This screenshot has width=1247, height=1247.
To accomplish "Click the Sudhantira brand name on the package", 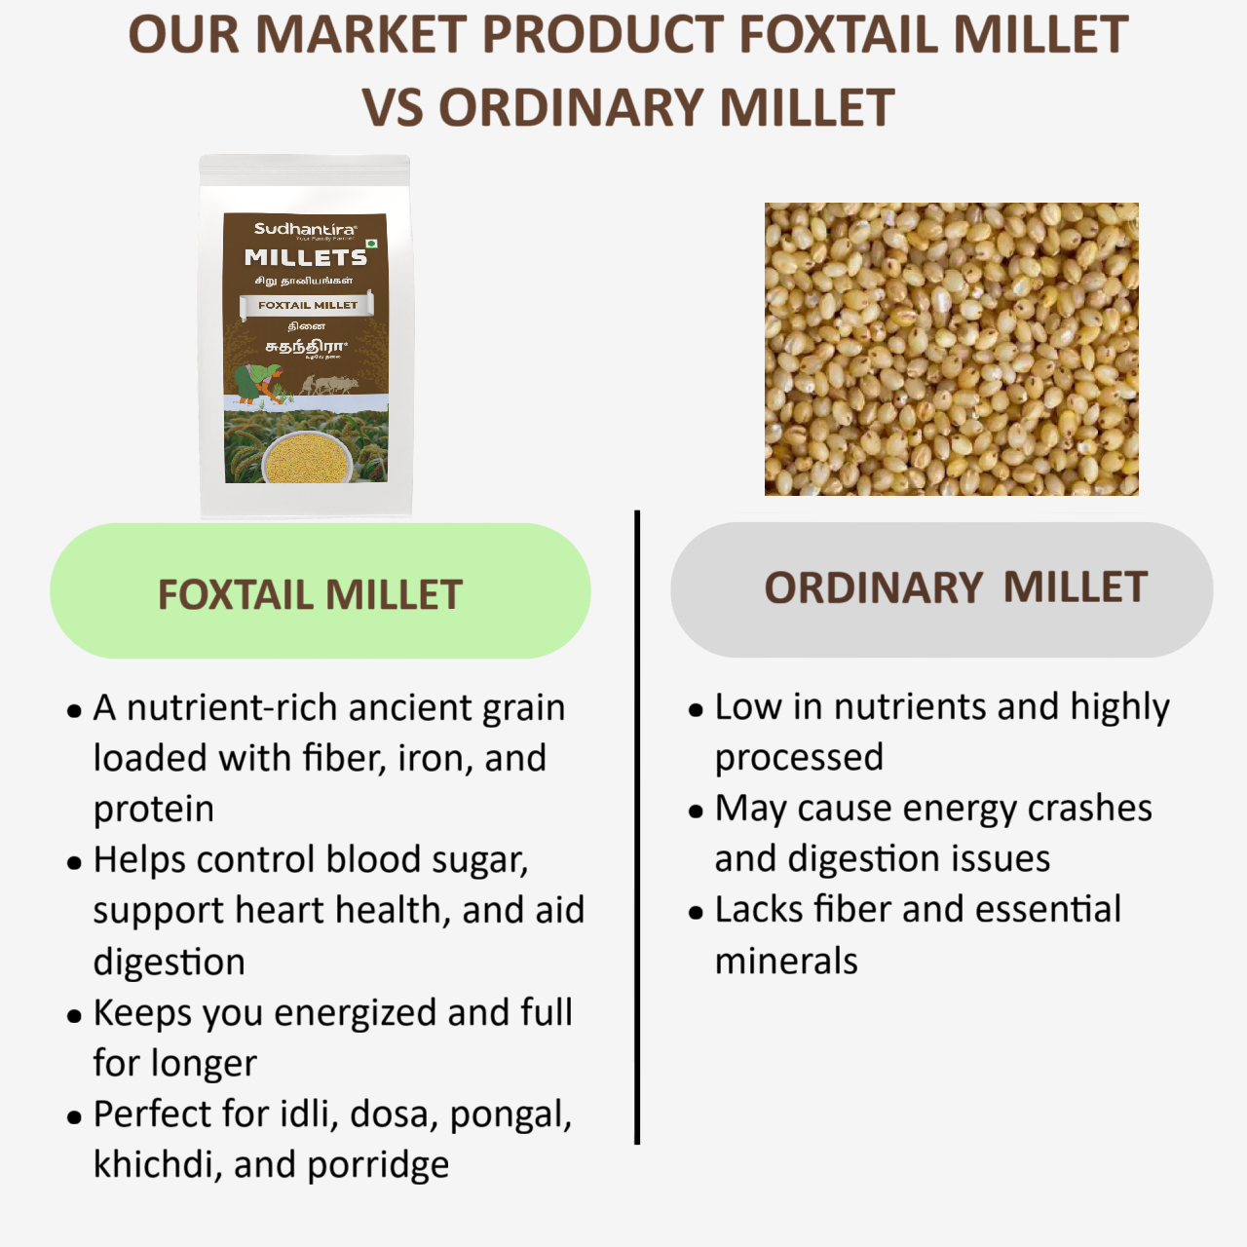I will (x=305, y=229).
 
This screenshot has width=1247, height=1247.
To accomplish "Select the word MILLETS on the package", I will (x=306, y=257).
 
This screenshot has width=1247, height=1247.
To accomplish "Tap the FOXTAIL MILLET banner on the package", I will (x=307, y=306).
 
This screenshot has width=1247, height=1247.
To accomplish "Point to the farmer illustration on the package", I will (x=258, y=383).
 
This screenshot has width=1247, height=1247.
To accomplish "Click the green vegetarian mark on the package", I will (x=371, y=243).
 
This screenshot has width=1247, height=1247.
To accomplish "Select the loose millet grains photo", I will (x=951, y=349).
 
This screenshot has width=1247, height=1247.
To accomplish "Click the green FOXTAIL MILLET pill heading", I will (x=320, y=591).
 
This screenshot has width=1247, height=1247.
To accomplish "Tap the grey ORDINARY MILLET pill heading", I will (x=941, y=589).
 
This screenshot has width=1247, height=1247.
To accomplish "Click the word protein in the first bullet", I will (x=154, y=810).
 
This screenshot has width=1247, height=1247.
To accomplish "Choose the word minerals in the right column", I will (x=786, y=962).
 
